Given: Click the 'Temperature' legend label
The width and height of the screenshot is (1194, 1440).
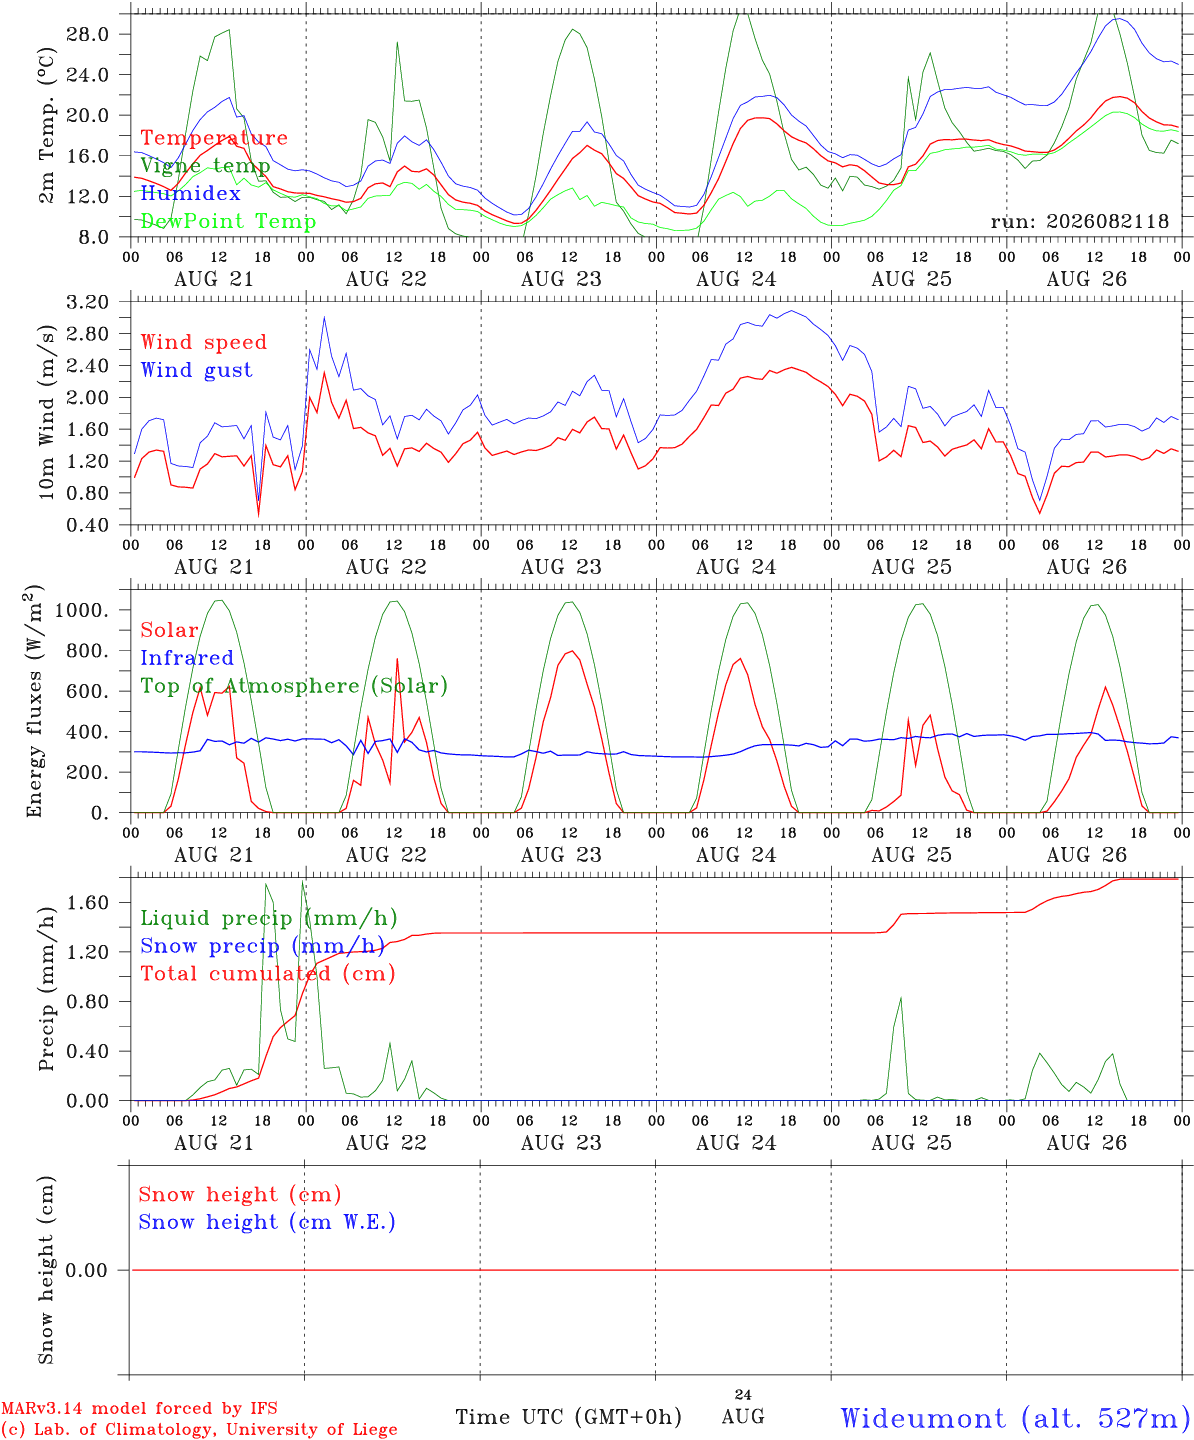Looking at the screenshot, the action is coord(214,138).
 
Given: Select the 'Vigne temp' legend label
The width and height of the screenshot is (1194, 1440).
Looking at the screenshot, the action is coord(205,166).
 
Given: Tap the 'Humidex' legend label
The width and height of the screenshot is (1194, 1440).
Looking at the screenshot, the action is coord(190,193).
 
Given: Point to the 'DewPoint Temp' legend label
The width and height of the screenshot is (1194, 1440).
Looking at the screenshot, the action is coord(228,221).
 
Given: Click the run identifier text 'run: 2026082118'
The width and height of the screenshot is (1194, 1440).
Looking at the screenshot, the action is coord(1079,221).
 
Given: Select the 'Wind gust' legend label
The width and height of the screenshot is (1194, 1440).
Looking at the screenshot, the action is coord(197,370).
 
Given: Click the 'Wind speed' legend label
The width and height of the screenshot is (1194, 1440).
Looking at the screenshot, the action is coord(203,342).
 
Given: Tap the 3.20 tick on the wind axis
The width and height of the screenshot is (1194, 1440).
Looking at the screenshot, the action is coord(88,302).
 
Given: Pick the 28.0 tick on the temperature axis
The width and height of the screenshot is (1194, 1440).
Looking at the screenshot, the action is coord(88,34).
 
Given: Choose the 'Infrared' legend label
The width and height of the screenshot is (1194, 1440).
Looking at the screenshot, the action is coord(187,658).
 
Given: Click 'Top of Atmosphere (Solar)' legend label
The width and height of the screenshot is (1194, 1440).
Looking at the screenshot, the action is coord(295,686).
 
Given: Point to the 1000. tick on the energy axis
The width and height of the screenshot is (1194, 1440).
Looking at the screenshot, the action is coord(82,610).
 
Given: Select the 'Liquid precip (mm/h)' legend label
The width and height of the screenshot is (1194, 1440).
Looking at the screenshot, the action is coord(269,918).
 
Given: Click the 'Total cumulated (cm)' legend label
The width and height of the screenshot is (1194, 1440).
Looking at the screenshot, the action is coord(268,973).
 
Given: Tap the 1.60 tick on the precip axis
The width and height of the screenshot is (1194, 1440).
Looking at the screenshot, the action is coord(88,902).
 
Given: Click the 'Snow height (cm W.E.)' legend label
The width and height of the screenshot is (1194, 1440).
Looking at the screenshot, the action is coord(267,1221).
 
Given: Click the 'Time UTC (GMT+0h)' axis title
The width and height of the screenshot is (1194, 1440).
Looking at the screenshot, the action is coord(568,1417).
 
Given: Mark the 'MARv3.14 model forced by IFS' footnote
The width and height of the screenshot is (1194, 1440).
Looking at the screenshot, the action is coord(139,1408).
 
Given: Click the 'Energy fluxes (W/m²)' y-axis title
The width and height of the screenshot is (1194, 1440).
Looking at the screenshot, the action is coord(34,701).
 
